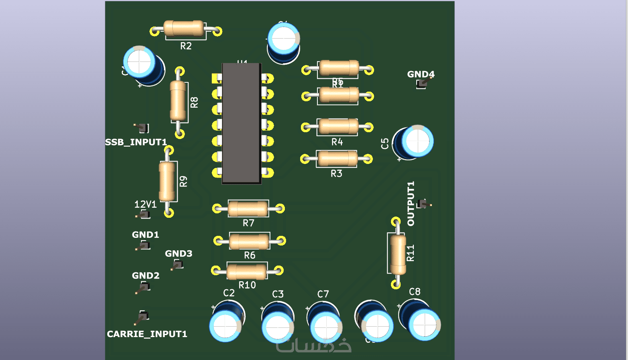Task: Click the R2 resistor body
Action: (x=184, y=28)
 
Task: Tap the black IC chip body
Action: (x=241, y=123)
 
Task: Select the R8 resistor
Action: (x=178, y=101)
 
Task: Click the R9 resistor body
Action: (x=168, y=181)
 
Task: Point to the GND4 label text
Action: (x=421, y=74)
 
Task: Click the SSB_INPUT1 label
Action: (x=136, y=142)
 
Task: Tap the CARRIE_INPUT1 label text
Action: (x=147, y=334)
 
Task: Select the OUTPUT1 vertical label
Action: (x=411, y=204)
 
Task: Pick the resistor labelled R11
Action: (x=398, y=254)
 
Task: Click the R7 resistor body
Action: (x=248, y=209)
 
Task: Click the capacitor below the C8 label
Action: (x=421, y=320)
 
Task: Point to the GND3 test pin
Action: (x=177, y=265)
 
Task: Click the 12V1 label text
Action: (x=145, y=205)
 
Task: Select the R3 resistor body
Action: (x=337, y=159)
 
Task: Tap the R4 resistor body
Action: (x=338, y=127)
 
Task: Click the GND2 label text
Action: (x=145, y=276)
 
